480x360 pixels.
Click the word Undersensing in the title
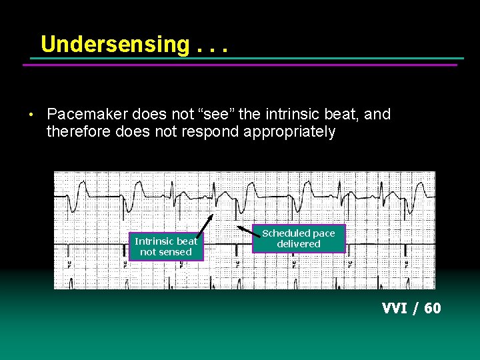(x=115, y=44)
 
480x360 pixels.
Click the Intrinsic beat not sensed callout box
(x=166, y=246)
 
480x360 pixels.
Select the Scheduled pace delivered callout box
(x=299, y=238)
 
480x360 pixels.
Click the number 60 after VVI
(x=432, y=308)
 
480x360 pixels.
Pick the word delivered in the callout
(x=299, y=244)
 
